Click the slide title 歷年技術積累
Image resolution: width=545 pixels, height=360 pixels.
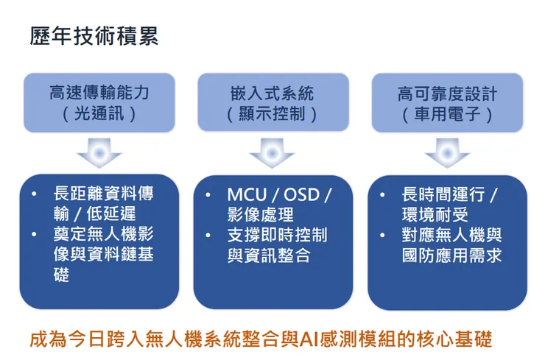point(94,36)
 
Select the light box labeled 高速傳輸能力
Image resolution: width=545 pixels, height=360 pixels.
point(99,102)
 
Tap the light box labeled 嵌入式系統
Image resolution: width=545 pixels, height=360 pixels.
point(272,102)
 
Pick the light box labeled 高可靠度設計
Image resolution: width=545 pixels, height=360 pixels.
point(447,102)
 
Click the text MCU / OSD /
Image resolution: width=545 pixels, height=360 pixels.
point(279,195)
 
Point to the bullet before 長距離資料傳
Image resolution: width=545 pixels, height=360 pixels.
point(36,195)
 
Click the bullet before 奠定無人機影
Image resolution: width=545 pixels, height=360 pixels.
point(36,235)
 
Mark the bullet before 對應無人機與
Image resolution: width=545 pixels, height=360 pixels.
point(384,236)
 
